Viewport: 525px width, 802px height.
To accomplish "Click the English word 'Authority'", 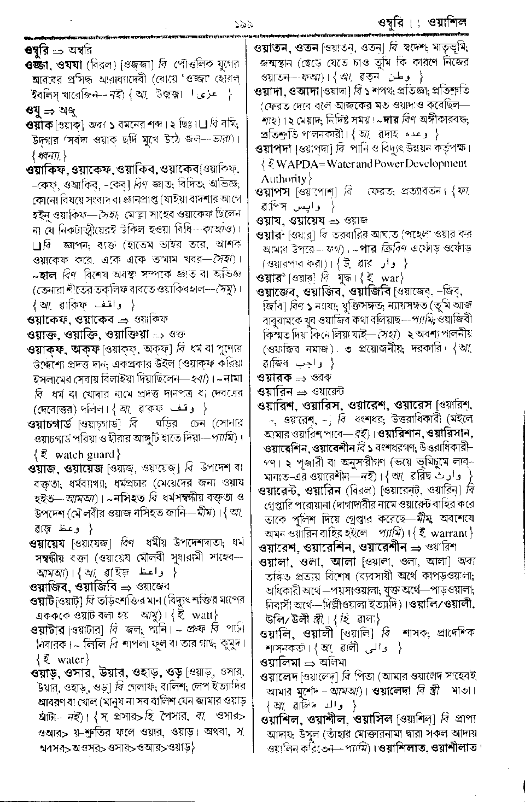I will point(283,178).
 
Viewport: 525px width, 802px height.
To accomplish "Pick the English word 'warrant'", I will point(449,532).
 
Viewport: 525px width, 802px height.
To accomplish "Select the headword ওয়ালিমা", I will point(279,662).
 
